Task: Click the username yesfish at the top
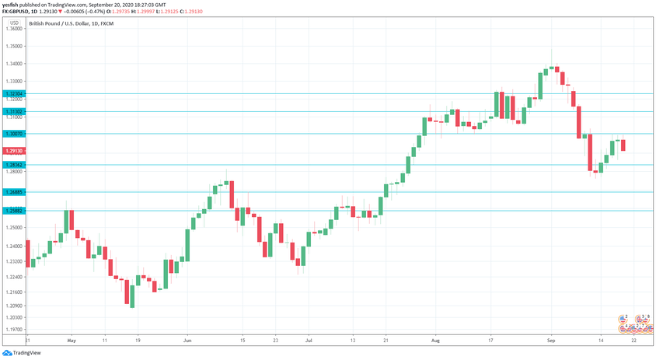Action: click(10, 4)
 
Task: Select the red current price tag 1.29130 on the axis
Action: click(15, 150)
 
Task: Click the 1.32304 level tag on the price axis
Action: click(15, 94)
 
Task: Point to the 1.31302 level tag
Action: click(15, 111)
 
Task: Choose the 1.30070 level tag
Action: click(15, 134)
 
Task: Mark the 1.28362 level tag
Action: click(15, 165)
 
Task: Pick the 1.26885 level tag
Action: click(15, 192)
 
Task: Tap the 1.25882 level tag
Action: click(15, 210)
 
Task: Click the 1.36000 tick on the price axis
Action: click(15, 29)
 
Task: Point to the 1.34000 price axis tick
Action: click(15, 64)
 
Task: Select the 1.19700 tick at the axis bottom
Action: click(15, 330)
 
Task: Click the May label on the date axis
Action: click(71, 341)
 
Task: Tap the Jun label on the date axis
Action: click(187, 341)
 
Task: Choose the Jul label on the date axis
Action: click(309, 341)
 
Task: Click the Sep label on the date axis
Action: click(550, 341)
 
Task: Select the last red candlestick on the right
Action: click(623, 145)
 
